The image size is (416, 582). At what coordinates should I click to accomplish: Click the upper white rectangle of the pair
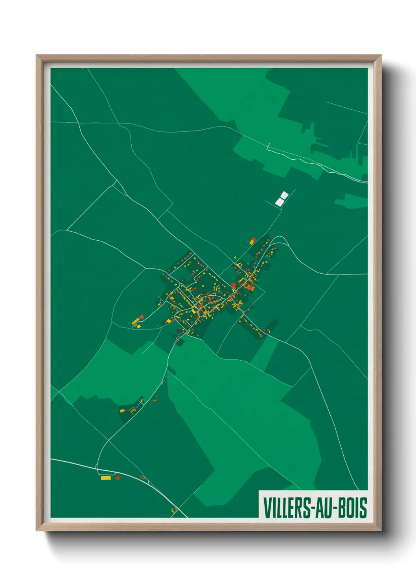[283, 195]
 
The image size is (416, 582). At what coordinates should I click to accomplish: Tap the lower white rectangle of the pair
[279, 202]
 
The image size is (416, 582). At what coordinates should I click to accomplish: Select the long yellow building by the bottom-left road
[105, 478]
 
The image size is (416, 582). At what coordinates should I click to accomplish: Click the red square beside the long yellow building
[117, 478]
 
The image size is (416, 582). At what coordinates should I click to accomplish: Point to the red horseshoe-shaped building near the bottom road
[143, 477]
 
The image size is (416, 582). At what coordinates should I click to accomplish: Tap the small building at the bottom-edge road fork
[173, 510]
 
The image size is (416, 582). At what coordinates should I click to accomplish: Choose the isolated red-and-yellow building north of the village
[253, 240]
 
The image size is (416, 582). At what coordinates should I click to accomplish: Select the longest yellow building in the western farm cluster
[136, 321]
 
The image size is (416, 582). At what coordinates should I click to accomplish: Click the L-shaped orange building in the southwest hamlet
[133, 411]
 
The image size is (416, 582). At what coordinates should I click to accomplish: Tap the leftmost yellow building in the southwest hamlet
[122, 411]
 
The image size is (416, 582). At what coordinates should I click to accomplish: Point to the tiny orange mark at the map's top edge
[83, 68]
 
